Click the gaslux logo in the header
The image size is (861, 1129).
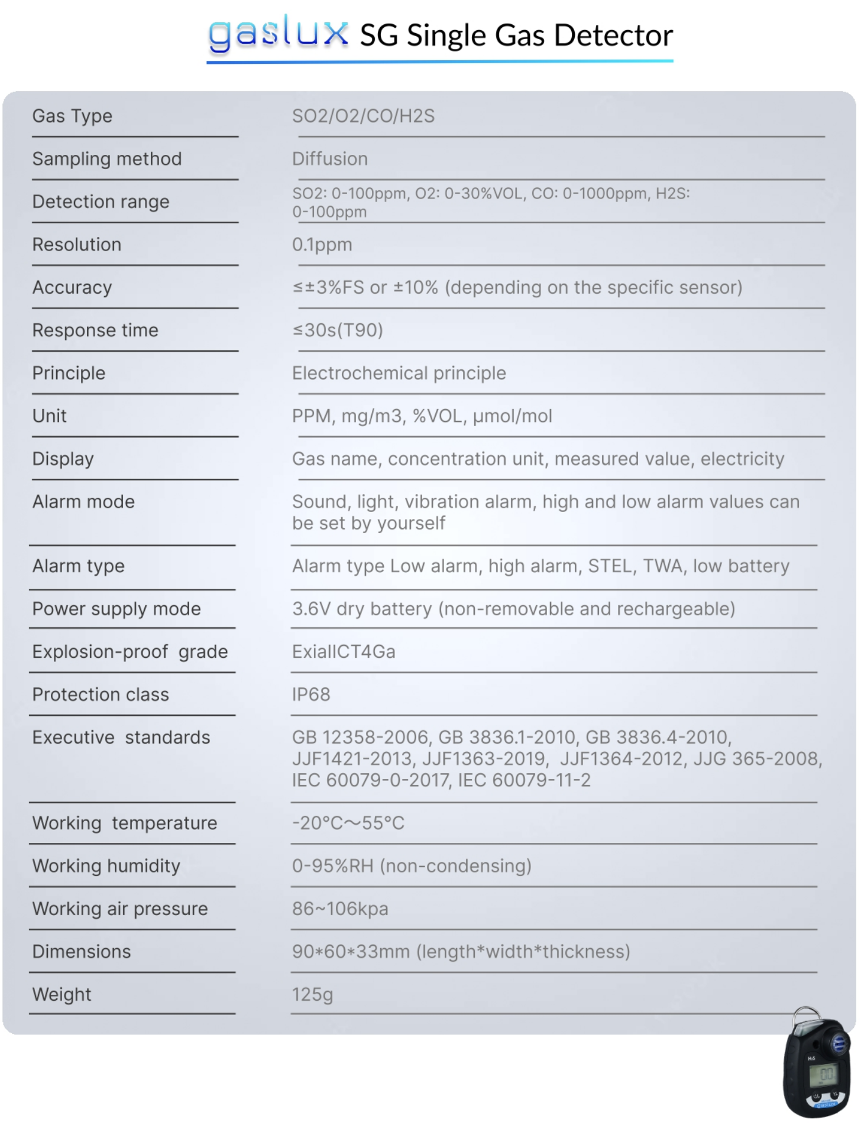click(x=278, y=34)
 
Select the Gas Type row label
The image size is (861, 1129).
click(x=72, y=116)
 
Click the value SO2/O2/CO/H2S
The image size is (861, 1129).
click(x=363, y=116)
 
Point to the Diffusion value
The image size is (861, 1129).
click(x=330, y=159)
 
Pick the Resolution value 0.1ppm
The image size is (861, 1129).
click(x=322, y=245)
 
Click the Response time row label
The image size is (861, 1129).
click(x=95, y=330)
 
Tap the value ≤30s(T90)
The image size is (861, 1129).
click(x=338, y=330)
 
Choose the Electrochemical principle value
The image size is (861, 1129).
click(x=399, y=374)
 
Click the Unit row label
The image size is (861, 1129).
click(x=50, y=416)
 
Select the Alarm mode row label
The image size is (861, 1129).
click(x=83, y=502)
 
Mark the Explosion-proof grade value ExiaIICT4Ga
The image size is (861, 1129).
click(x=344, y=652)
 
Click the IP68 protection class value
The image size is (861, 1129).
click(x=311, y=695)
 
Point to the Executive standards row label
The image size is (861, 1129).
click(x=121, y=738)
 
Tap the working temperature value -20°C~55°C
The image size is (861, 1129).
click(x=348, y=823)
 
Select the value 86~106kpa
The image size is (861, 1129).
click(x=340, y=909)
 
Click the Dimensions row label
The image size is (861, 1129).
click(x=82, y=952)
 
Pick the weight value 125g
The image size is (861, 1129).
click(x=312, y=995)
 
